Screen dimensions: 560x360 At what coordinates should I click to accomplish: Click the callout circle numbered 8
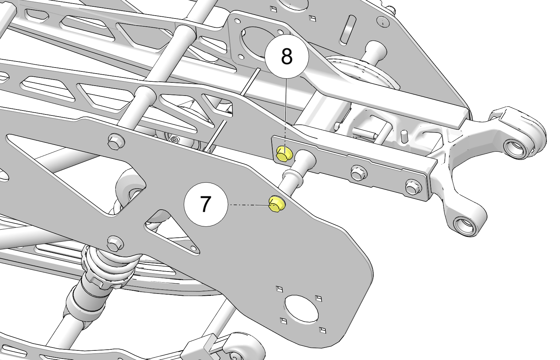click(287, 57)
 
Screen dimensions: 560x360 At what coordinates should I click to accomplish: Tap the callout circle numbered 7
click(206, 204)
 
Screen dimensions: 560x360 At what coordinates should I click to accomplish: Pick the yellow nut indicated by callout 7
click(277, 204)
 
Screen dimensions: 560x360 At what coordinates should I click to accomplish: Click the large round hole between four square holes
click(301, 308)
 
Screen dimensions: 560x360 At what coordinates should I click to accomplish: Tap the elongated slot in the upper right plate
click(348, 30)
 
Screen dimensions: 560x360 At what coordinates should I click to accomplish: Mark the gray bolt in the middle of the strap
click(359, 173)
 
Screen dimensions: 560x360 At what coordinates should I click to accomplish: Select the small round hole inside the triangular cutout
click(193, 248)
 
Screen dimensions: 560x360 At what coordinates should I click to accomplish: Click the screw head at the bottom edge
click(236, 356)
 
